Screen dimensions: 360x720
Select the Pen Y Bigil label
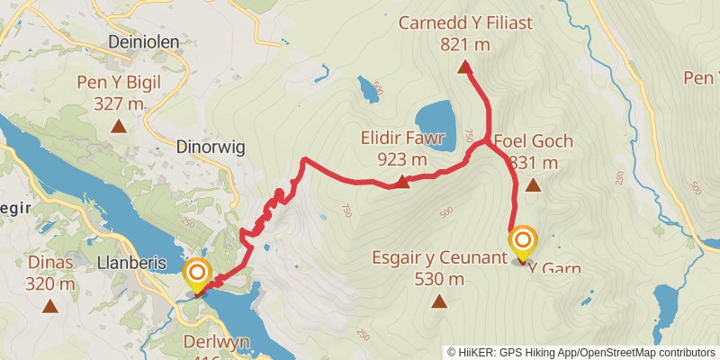pos(119,84)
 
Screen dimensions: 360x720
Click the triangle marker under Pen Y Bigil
pos(119,126)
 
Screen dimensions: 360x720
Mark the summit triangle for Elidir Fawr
pos(402,183)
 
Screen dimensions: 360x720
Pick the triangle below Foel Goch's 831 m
pos(533,186)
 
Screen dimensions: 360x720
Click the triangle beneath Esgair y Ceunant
pos(439,301)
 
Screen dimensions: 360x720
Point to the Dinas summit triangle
pos(49,306)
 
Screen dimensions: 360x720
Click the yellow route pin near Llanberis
pos(197,274)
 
